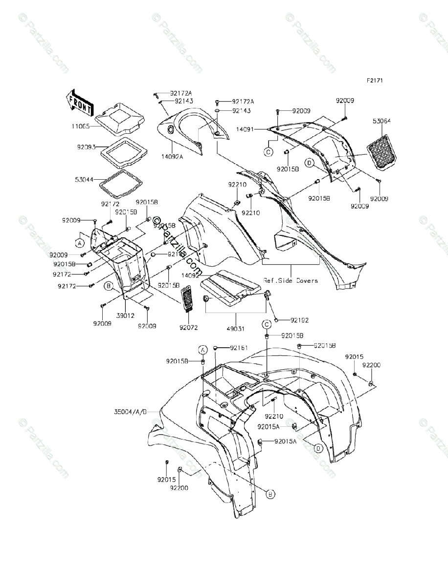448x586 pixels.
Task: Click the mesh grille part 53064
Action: pos(383,150)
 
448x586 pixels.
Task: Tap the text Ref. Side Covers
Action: pos(291,281)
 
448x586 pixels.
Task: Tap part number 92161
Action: pos(239,348)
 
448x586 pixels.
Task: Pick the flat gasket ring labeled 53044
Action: pos(121,182)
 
